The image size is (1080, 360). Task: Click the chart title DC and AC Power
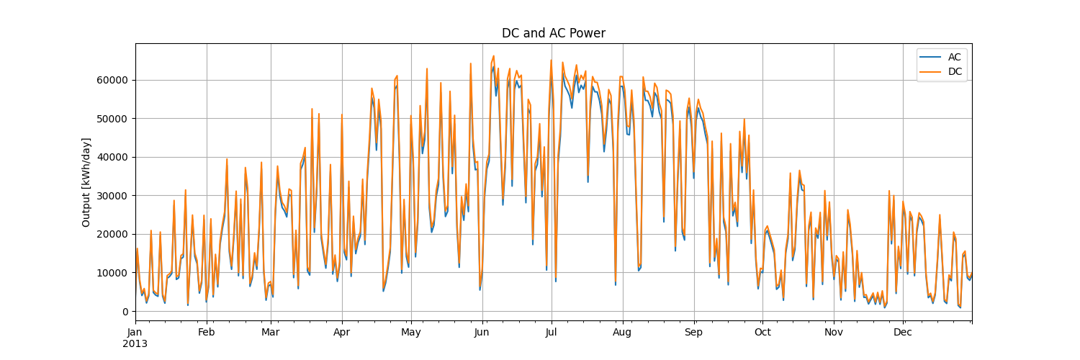tap(553, 33)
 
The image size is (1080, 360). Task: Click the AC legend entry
tap(954, 57)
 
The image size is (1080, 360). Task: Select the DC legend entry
tap(954, 72)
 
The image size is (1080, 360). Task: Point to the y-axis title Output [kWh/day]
tap(86, 182)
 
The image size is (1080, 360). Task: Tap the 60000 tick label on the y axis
tap(113, 80)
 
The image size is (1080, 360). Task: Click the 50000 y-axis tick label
tap(113, 119)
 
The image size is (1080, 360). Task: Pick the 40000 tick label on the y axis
tap(113, 157)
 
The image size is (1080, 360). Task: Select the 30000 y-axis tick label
tap(113, 196)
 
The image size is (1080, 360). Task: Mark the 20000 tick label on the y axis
tap(113, 235)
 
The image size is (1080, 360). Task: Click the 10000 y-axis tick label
tap(113, 273)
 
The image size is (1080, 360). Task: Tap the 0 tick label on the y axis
tap(125, 312)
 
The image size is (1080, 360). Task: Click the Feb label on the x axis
tap(207, 333)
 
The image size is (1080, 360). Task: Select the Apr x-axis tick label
tap(342, 333)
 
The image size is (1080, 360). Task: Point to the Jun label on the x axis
tap(482, 333)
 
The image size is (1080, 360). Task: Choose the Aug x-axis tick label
tap(622, 333)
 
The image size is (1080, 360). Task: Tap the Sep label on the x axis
tap(693, 333)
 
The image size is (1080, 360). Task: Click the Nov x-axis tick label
tap(834, 333)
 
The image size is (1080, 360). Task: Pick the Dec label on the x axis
tap(902, 333)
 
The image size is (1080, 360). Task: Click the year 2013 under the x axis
tap(135, 344)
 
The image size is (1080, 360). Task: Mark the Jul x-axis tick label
tap(552, 333)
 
